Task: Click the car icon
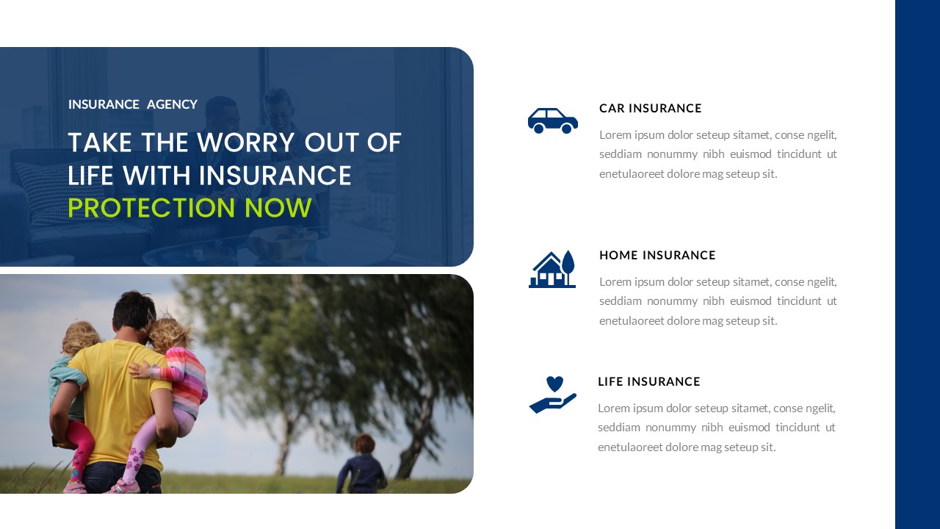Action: pos(552,120)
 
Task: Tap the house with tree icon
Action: pos(552,270)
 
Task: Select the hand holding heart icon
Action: pos(552,395)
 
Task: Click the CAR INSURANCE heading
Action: pos(650,108)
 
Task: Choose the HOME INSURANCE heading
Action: pos(657,255)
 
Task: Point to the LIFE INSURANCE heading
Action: pos(648,381)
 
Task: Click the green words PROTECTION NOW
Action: pos(189,208)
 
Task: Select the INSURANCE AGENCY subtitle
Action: pos(133,104)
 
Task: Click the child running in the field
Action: pos(362,464)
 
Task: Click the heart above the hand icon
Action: pos(554,384)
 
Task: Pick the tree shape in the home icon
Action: pos(568,263)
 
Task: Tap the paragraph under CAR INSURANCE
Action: pos(717,154)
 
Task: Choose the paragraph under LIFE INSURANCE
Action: pos(716,428)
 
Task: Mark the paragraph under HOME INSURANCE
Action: pos(717,301)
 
